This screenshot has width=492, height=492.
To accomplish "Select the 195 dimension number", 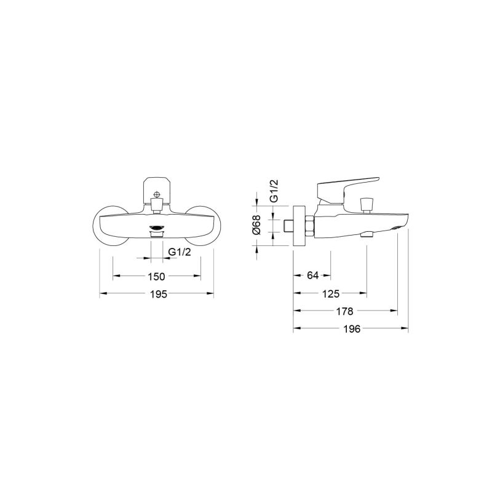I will [x=159, y=294].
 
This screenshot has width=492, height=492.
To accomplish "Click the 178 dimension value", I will [x=345, y=311].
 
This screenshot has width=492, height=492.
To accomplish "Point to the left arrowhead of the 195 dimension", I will [x=102, y=294].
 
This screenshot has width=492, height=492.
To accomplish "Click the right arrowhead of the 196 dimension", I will [x=406, y=329].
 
